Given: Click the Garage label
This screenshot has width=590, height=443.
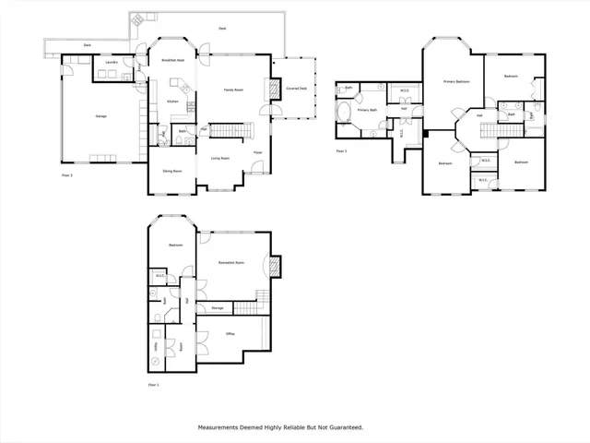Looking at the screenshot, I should coord(100,116).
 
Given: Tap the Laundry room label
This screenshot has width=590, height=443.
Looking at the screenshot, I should coord(111,62).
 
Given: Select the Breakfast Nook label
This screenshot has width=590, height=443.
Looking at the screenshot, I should coord(173,61).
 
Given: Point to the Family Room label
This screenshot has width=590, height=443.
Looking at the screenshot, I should coord(233,90).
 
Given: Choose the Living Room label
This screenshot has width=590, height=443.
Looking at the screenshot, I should coord(220,158).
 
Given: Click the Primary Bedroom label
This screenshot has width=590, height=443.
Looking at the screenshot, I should coord(455,81).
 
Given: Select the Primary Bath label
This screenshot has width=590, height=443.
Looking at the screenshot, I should coord(367,110).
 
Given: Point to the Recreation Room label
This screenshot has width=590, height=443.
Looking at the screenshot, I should coord(231,263).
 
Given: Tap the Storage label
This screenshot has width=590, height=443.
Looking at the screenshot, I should coord(218,307).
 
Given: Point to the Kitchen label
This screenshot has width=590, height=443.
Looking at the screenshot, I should coord(171,101).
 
